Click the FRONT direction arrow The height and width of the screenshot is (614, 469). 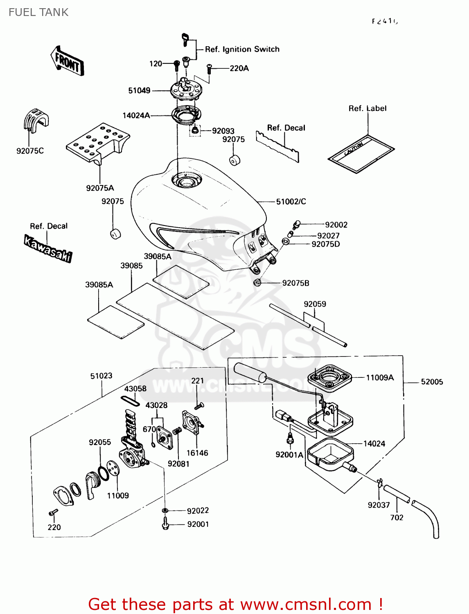(x=67, y=61)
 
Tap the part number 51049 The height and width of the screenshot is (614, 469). (x=139, y=90)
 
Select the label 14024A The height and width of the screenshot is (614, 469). (x=136, y=115)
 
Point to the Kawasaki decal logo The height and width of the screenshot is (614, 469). (x=48, y=248)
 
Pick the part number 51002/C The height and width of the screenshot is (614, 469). (x=291, y=201)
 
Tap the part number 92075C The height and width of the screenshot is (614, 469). (x=30, y=151)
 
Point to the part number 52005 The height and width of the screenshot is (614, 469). (x=432, y=381)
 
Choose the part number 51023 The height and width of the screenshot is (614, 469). (x=101, y=376)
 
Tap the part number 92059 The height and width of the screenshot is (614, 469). (x=315, y=304)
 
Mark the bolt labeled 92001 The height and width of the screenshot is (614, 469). (x=166, y=524)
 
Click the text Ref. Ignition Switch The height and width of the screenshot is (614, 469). (x=242, y=49)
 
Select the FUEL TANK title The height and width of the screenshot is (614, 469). (x=38, y=12)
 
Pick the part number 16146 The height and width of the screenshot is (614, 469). (x=197, y=453)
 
